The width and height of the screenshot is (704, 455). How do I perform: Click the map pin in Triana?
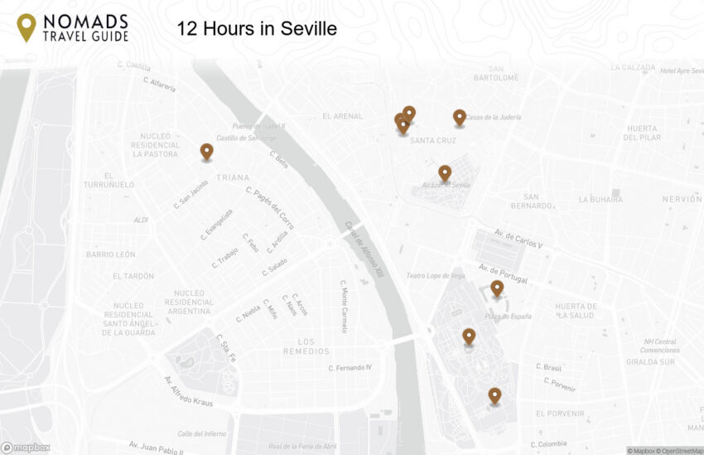pyautogui.click(x=206, y=152)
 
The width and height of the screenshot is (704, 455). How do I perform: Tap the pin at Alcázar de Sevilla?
pyautogui.click(x=445, y=172)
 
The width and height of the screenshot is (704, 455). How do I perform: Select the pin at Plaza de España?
pyautogui.click(x=497, y=288)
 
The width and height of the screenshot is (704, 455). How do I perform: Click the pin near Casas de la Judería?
pyautogui.click(x=460, y=118)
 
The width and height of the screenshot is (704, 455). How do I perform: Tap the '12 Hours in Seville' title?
pyautogui.click(x=257, y=29)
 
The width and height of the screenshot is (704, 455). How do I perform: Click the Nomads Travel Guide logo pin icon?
pyautogui.click(x=27, y=27)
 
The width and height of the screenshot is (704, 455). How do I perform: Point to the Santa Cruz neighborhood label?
pyautogui.click(x=433, y=140)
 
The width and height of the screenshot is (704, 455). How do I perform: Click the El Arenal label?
pyautogui.click(x=343, y=116)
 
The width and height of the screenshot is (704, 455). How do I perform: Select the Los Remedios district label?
pyautogui.click(x=306, y=346)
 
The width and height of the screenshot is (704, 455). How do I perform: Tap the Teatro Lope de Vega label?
pyautogui.click(x=435, y=275)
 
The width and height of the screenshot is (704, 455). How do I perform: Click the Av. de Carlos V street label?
pyautogui.click(x=518, y=239)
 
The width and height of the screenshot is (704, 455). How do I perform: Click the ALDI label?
pyautogui.click(x=141, y=220)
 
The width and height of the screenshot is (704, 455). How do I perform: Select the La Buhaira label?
pyautogui.click(x=600, y=200)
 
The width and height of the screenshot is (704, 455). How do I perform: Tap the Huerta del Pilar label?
pyautogui.click(x=642, y=133)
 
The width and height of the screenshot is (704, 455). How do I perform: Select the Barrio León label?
pyautogui.click(x=111, y=254)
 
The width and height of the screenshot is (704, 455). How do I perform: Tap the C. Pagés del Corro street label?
pyautogui.click(x=270, y=207)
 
